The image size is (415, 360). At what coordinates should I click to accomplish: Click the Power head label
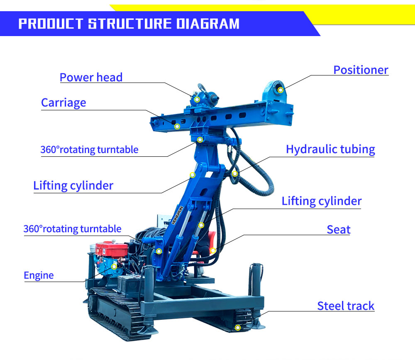91,77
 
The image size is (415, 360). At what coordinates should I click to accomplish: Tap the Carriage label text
63,102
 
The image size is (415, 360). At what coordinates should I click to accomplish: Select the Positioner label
361,70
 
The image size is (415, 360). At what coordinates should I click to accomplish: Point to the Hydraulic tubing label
330,149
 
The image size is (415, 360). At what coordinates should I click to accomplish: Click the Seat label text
339,230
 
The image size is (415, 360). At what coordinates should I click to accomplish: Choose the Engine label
39,275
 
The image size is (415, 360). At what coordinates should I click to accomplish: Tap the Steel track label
346,306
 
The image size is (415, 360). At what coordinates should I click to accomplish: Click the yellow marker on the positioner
280,90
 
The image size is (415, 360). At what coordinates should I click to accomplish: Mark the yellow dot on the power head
197,100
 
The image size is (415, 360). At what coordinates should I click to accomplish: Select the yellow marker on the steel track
238,328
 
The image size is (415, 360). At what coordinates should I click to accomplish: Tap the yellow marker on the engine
114,266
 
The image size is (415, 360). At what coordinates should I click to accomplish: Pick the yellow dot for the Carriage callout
177,126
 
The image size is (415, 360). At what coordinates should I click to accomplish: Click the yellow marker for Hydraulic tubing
235,174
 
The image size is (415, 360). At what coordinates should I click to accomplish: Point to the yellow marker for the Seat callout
213,250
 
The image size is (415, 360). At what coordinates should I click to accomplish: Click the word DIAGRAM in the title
208,24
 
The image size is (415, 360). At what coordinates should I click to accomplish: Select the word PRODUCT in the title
51,24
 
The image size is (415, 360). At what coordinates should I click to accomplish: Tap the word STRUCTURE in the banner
129,24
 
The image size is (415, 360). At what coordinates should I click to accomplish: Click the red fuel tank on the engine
112,249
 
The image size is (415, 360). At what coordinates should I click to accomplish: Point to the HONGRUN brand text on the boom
177,215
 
